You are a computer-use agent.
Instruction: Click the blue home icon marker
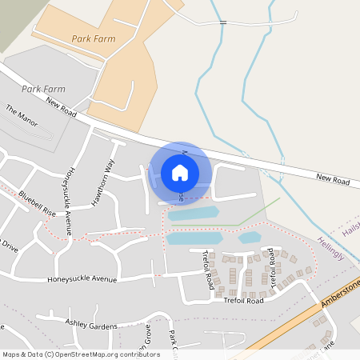tap(180, 172)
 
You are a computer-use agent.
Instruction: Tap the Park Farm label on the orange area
tap(93, 38)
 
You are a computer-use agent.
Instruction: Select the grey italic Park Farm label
tap(44, 89)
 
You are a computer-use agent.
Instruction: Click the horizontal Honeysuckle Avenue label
tap(82, 280)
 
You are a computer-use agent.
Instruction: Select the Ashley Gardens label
tap(92, 326)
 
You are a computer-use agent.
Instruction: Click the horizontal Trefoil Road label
tap(244, 301)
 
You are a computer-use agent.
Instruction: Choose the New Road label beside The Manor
tap(61, 107)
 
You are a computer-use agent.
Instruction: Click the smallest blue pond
tap(250, 238)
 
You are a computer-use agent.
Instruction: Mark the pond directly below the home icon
tap(192, 214)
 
